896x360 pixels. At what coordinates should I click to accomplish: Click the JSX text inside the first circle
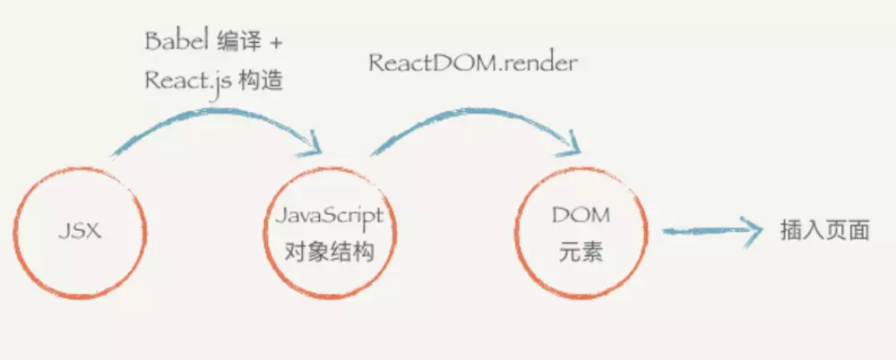point(80,232)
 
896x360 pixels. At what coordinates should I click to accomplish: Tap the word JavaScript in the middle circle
point(330,216)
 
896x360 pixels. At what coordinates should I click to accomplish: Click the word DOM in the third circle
point(581,215)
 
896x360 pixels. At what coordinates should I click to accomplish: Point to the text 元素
point(581,253)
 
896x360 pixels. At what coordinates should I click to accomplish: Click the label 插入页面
point(824,231)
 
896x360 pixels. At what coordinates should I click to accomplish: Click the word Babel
point(176,42)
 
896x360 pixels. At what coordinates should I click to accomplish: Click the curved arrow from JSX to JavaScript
point(211,118)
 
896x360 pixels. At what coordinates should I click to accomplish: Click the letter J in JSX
point(64,232)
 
